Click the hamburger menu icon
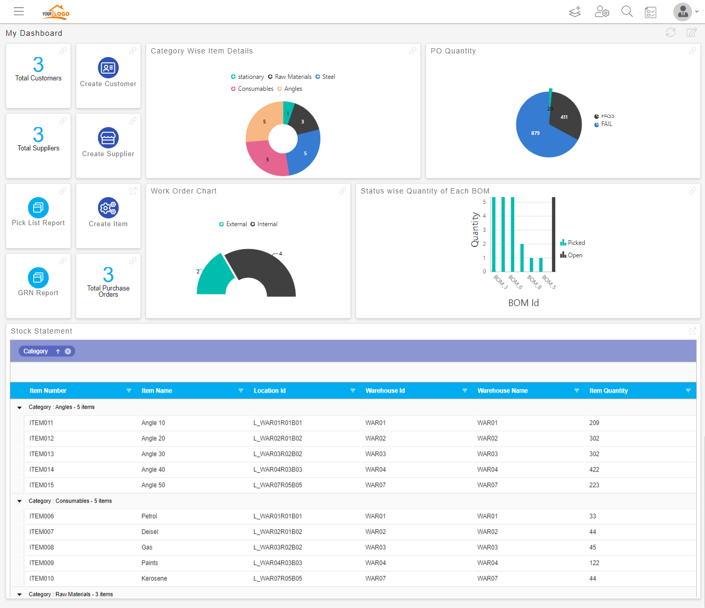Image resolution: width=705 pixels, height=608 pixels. [x=19, y=11]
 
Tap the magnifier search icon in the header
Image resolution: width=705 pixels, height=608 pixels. [x=627, y=11]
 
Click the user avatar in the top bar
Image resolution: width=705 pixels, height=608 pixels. [x=683, y=12]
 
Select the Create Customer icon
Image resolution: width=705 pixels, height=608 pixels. [x=108, y=67]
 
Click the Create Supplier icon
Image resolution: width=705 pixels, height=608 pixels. [x=108, y=137]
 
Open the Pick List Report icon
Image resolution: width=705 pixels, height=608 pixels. [x=38, y=208]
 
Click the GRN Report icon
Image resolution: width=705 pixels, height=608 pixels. [x=38, y=278]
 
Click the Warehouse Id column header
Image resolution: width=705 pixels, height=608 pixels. [x=385, y=391]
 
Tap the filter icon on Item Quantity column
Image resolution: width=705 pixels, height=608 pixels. [x=688, y=391]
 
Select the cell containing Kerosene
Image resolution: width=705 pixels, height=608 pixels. [x=154, y=578]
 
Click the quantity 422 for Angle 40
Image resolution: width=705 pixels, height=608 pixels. [x=594, y=469]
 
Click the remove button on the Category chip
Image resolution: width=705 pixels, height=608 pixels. [x=68, y=351]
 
